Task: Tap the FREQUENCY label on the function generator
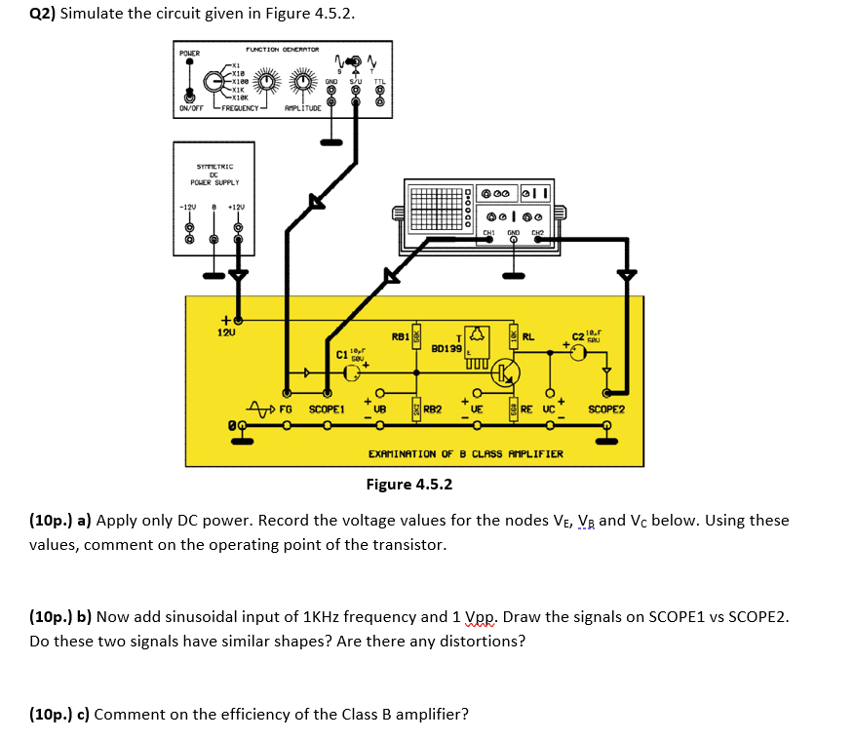[239, 109]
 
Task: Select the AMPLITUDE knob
[301, 82]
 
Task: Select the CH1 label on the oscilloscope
[489, 232]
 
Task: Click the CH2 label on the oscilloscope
[537, 232]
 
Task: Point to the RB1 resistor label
[399, 336]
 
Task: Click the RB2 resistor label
[432, 410]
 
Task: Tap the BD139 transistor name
[446, 347]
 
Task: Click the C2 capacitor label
[578, 338]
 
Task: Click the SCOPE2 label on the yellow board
[605, 410]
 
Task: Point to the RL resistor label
[528, 337]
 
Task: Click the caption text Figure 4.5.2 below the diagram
[408, 485]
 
